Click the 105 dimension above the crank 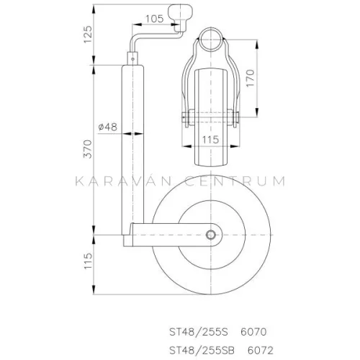[150, 17]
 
